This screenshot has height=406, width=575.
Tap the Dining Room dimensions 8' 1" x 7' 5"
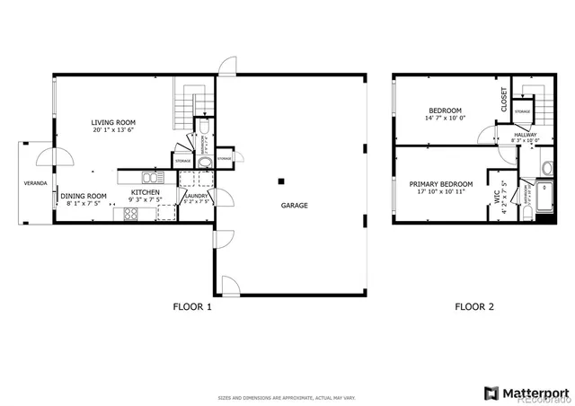tap(84, 204)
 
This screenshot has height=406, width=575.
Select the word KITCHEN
tap(146, 192)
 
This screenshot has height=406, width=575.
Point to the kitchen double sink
tap(149, 177)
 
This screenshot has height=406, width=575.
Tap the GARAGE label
tap(294, 205)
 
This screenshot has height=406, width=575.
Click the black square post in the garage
tap(280, 178)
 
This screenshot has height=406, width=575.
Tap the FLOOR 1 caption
tap(192, 306)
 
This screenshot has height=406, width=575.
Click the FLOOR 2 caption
tap(473, 306)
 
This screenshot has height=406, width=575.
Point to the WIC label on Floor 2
tap(496, 198)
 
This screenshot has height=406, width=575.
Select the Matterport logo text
tap(534, 393)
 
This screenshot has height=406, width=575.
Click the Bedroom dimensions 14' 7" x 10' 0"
tap(445, 118)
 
